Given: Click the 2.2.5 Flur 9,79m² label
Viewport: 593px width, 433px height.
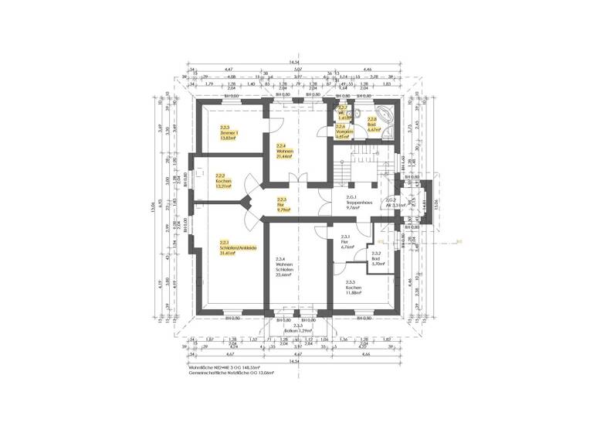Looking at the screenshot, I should [x=282, y=204].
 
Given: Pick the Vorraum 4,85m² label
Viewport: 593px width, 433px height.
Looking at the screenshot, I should [x=344, y=131].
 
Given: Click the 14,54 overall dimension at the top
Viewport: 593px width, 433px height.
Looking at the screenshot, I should [x=295, y=62].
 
